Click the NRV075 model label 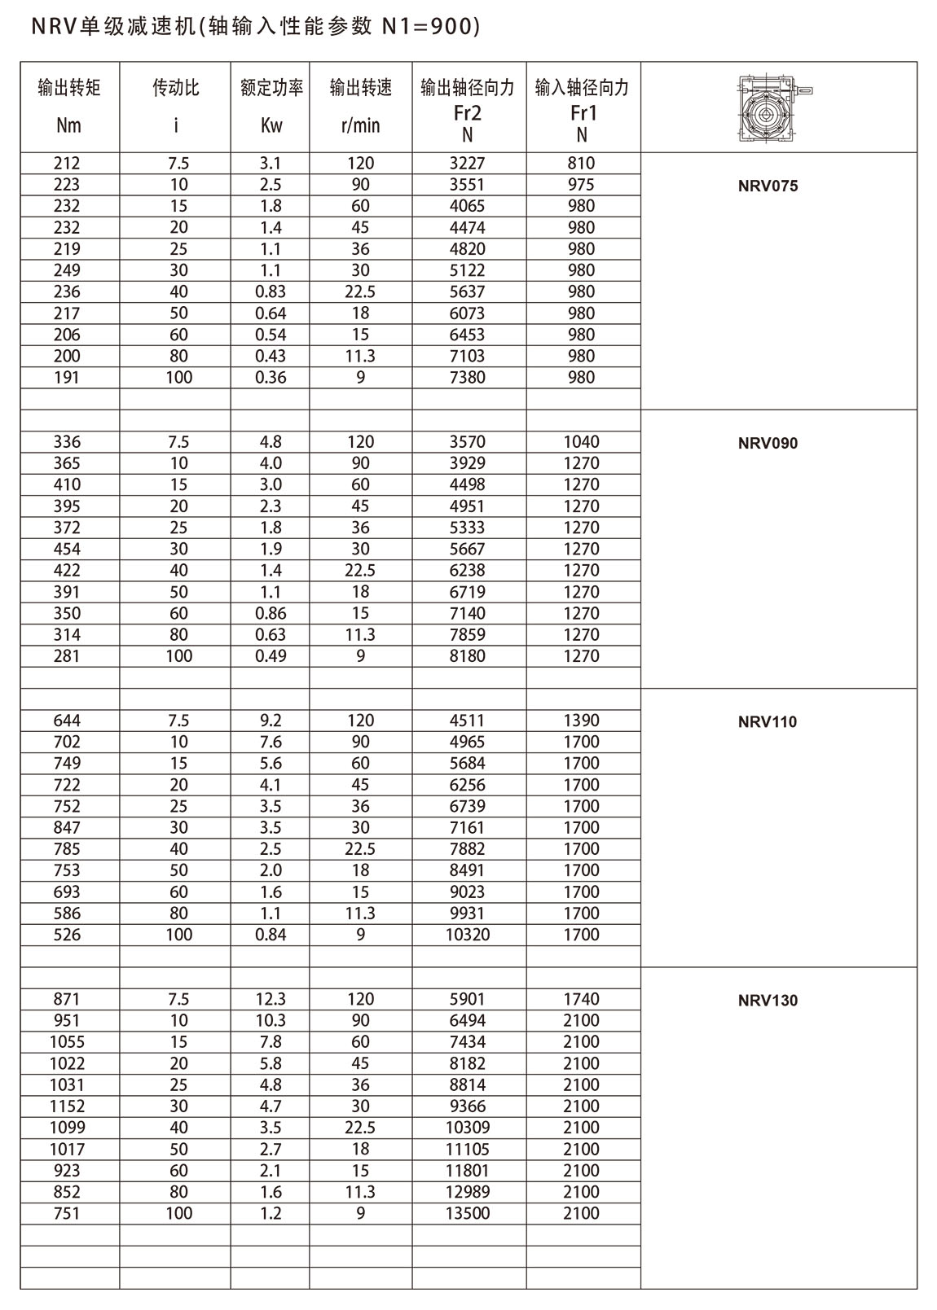pos(768,186)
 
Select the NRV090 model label pos(768,443)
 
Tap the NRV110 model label pos(768,721)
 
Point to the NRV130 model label pos(768,1001)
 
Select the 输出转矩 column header pos(69,88)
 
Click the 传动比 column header pos(176,88)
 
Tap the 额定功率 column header pos(271,88)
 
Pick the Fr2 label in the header pos(468,112)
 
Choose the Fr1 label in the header pos(582,112)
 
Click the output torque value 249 pos(67,270)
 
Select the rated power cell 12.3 pos(271,999)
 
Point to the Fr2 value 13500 pos(468,1213)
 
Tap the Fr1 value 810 pos(582,163)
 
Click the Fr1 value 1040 pos(582,442)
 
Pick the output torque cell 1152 pos(67,1106)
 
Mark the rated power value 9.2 pos(271,721)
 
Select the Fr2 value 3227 pos(468,163)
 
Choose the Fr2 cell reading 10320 pos(468,935)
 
